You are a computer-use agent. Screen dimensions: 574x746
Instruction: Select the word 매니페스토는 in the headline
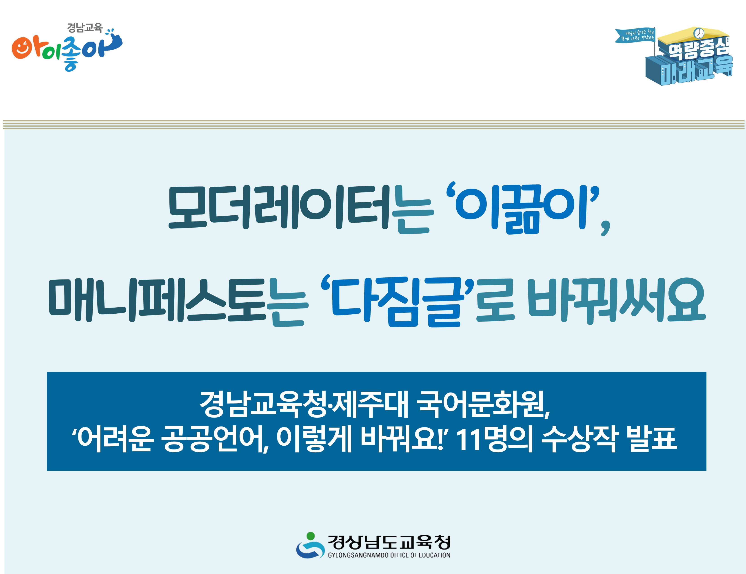coord(178,301)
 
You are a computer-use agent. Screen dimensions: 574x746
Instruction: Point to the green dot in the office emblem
coord(310,535)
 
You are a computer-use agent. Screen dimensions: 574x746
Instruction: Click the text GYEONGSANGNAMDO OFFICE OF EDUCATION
coord(389,555)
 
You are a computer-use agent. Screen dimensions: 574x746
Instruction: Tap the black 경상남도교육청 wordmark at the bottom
coord(389,542)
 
